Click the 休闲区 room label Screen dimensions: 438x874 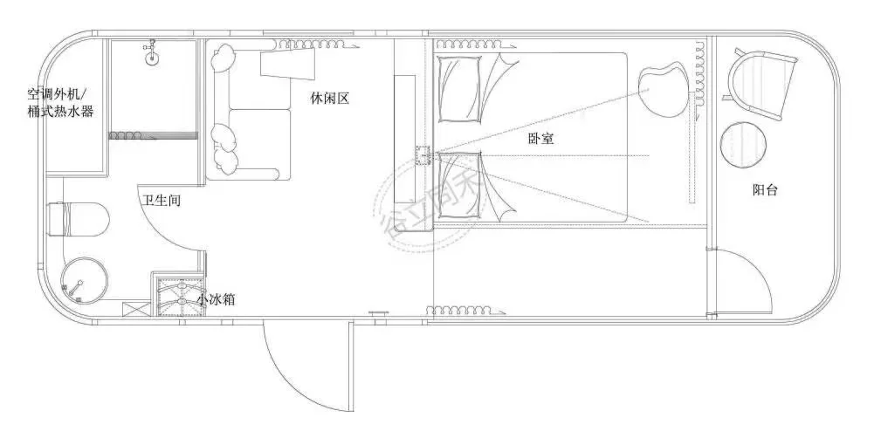pos(330,99)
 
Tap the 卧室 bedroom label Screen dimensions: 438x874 pos(541,138)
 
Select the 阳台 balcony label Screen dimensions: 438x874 pos(765,189)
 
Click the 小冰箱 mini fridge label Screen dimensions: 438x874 pos(215,299)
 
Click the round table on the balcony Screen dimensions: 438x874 pos(745,145)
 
